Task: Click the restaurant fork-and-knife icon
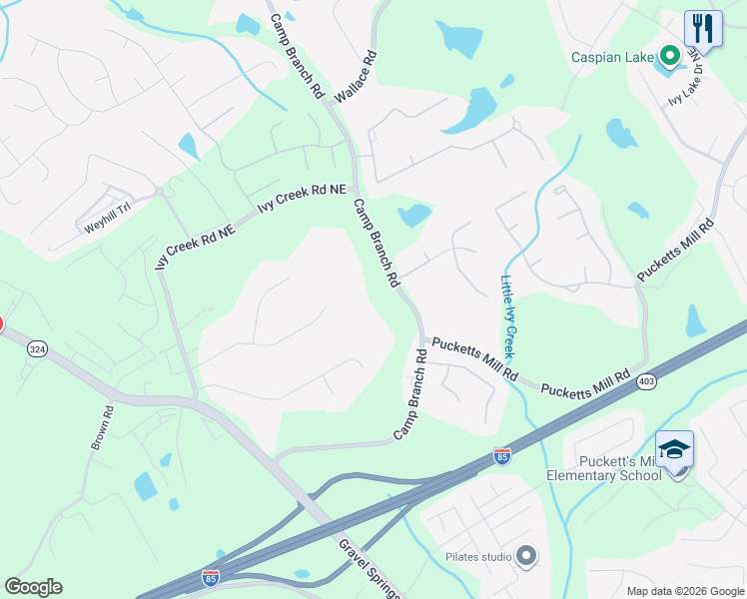[x=703, y=28]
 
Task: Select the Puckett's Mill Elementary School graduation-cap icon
[x=674, y=449]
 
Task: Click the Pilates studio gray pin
[x=526, y=556]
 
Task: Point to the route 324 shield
[x=37, y=348]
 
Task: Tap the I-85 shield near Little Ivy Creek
[x=502, y=456]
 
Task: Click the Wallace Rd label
[x=356, y=77]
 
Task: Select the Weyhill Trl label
[x=107, y=220]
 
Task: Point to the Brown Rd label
[x=102, y=426]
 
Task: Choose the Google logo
[x=33, y=587]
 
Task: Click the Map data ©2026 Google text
[x=684, y=591]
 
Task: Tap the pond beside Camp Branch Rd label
[x=413, y=216]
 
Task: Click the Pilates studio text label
[x=478, y=556]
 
